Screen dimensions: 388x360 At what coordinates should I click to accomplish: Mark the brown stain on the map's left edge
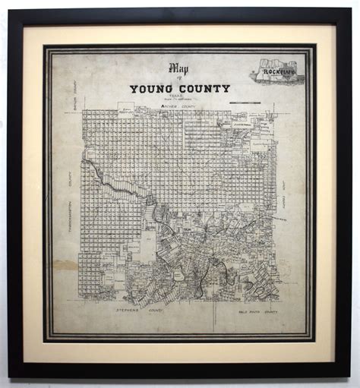65,266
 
